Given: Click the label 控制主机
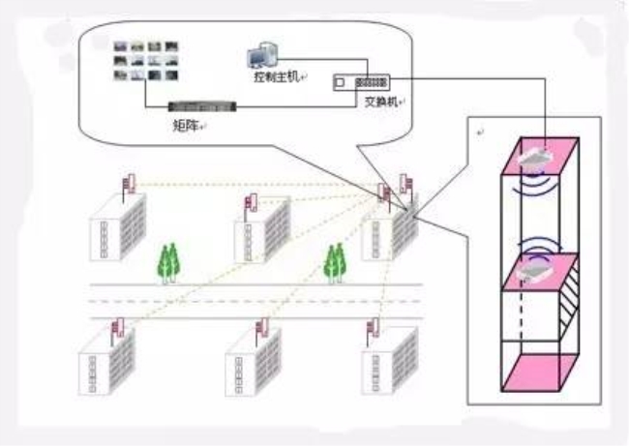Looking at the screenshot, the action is click(277, 76).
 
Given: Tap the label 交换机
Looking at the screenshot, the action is click(381, 102).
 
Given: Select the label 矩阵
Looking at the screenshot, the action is click(186, 126).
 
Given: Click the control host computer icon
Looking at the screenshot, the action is click(262, 56).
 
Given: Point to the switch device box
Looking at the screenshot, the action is click(362, 82).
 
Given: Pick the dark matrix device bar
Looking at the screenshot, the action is click(202, 106).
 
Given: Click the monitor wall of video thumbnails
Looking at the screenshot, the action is click(145, 61).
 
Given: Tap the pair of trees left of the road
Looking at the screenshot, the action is click(169, 263).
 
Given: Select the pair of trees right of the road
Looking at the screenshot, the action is click(336, 263).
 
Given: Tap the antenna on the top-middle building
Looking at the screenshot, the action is click(252, 204).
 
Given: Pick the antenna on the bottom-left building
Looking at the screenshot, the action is click(118, 329).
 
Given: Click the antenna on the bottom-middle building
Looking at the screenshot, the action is click(262, 329).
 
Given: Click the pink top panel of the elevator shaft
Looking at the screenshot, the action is click(540, 156).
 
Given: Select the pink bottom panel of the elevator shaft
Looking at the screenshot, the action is click(540, 372).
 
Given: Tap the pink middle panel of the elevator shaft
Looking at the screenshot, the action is click(540, 272).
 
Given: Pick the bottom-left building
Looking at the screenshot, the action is click(106, 362).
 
